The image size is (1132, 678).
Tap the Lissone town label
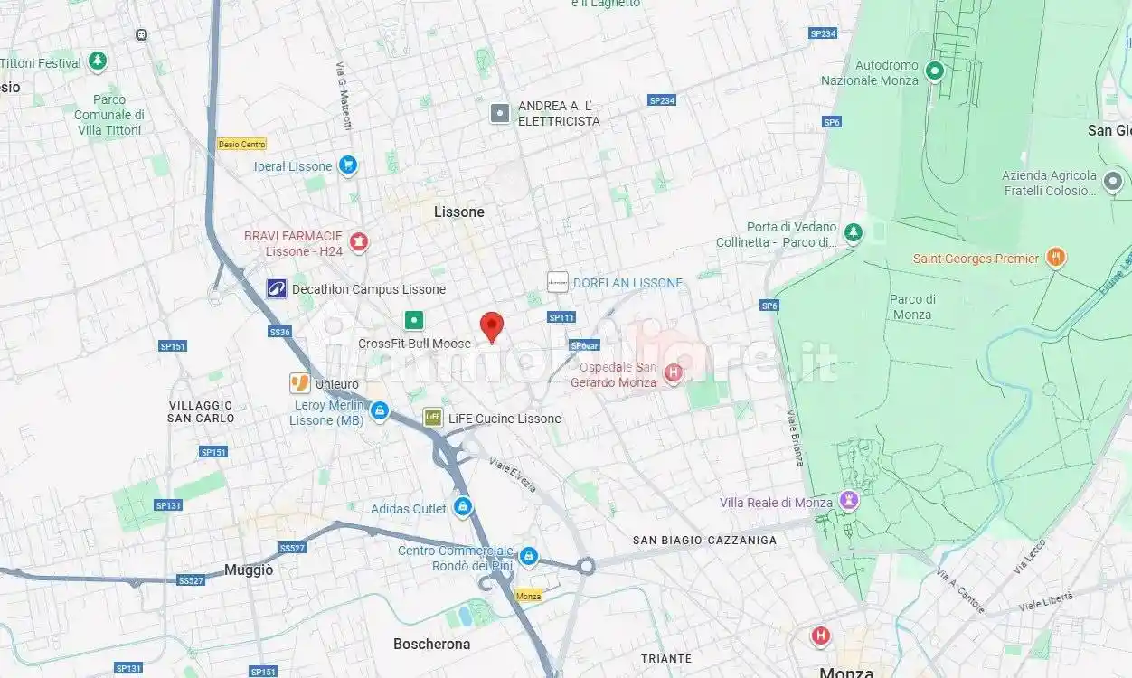459,212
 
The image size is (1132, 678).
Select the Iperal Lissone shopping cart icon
347,165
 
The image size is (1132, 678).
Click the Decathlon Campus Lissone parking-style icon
276,289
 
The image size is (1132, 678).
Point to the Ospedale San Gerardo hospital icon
673,372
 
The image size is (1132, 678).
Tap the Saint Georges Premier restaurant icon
1054,259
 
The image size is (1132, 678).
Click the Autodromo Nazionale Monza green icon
935,71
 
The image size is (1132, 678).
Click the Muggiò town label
249,570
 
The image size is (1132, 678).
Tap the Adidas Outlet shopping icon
462,506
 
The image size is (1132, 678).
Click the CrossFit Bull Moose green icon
413,320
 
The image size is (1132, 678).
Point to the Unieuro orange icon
299,383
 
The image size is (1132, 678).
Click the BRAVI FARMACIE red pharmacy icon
359,241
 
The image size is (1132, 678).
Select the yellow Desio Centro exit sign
242,145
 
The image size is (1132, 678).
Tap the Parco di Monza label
911,307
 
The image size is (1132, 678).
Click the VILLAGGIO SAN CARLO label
201,412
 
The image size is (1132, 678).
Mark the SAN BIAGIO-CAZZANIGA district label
704,541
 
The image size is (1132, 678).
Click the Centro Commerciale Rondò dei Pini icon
529,556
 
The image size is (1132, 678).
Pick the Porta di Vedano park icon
853,233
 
